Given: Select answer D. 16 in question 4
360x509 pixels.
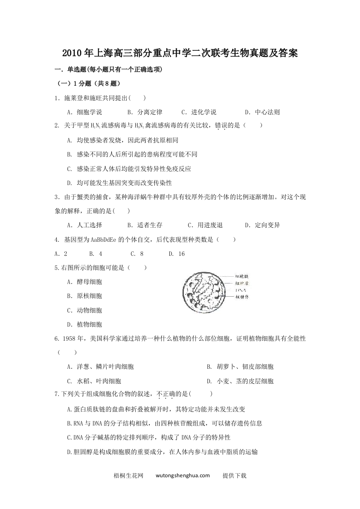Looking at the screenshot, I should coord(177,254).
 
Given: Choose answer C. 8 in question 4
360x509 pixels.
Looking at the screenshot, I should coord(137,254).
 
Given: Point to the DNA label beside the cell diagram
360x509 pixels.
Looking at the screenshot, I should coord(241,290).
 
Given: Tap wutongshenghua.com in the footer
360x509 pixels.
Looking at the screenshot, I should coord(182,475).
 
